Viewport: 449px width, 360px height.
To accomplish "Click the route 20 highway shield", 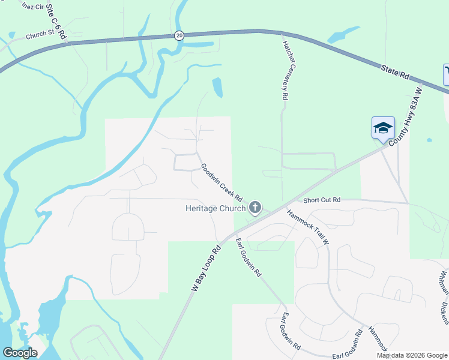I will (x=179, y=35).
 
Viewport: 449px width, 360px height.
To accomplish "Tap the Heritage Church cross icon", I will (x=255, y=208).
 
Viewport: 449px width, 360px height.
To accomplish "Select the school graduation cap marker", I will (x=383, y=128).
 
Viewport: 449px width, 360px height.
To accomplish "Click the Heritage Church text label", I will (x=215, y=208).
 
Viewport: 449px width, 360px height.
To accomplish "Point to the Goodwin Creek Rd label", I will (x=221, y=182).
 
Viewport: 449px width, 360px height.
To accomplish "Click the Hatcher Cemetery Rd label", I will (x=286, y=67).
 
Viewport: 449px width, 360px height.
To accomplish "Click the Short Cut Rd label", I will (x=322, y=200).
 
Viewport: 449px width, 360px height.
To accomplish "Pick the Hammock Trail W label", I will (x=307, y=227).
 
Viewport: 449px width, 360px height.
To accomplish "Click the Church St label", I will (x=40, y=35).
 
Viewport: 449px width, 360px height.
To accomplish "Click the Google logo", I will (x=20, y=353).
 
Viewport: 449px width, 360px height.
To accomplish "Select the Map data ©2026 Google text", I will (x=412, y=355).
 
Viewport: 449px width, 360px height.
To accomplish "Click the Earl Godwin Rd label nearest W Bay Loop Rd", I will (x=248, y=257).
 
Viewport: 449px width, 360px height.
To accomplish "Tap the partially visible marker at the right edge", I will (x=446, y=75).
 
